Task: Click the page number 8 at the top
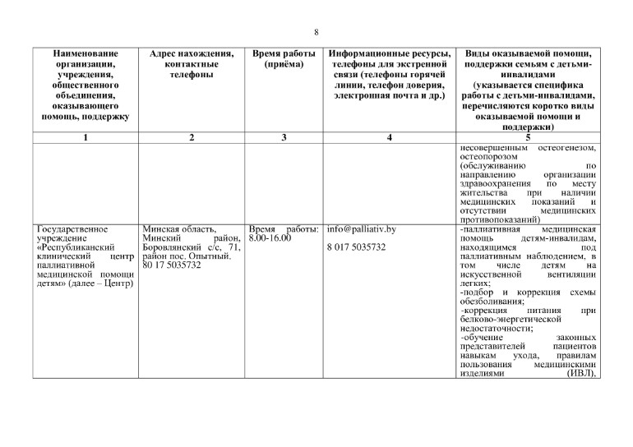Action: click(x=316, y=32)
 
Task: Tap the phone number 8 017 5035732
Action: click(x=356, y=247)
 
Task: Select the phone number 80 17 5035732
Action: click(x=171, y=265)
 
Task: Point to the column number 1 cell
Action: click(x=85, y=137)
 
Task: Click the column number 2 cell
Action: click(x=191, y=137)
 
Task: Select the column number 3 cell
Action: click(x=284, y=137)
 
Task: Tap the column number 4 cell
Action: click(x=389, y=137)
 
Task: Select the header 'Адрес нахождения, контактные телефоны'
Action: click(x=191, y=65)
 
